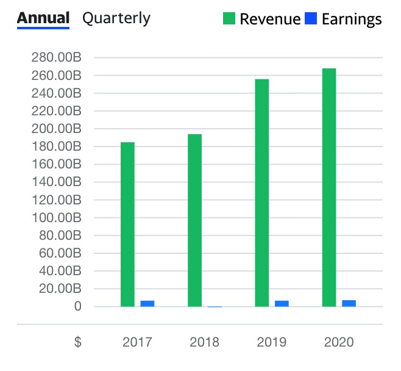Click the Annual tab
coord(43,18)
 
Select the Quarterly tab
coord(116,18)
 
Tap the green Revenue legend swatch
coord(229,19)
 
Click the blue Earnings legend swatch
coord(311,19)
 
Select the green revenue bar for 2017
coord(127,224)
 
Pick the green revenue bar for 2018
coord(194,220)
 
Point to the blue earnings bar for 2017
coord(147,303)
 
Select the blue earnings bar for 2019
coord(282,303)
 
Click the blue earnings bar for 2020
coord(349,303)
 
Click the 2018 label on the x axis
coord(204,342)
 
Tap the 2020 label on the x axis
coord(338,342)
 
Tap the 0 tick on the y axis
coord(77,306)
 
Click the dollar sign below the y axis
coord(77,342)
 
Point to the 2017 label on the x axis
coord(137,342)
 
